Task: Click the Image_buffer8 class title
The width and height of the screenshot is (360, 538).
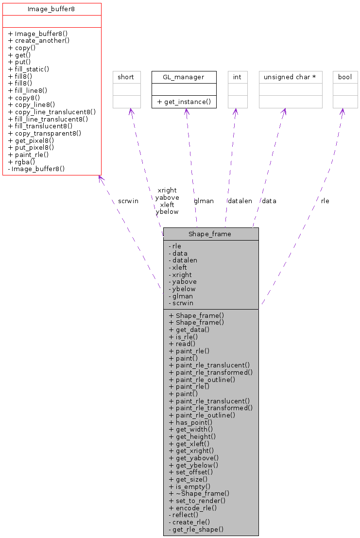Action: point(51,9)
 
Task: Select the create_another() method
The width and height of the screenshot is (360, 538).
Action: point(39,41)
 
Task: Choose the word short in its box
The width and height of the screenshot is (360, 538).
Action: point(127,77)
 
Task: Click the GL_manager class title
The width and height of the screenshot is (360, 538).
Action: point(184,77)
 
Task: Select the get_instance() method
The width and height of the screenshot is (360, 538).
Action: point(184,102)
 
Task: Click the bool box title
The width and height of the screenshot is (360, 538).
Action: point(345,77)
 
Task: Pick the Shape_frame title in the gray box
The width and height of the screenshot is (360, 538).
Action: point(210,234)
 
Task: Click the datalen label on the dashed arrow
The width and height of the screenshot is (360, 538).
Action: point(240,201)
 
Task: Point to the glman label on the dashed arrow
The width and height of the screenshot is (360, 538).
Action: point(204,201)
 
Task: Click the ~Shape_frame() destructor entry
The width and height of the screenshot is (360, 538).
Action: point(199,493)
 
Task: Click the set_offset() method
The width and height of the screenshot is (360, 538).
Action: point(190,472)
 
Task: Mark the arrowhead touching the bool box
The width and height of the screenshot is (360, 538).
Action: point(343,111)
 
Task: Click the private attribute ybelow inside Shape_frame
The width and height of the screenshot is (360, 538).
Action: point(183,289)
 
